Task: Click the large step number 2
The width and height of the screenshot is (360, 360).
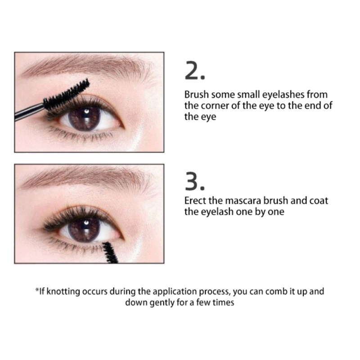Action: tap(195, 72)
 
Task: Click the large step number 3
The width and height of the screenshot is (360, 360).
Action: tap(195, 181)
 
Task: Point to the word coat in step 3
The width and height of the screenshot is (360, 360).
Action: tap(319, 200)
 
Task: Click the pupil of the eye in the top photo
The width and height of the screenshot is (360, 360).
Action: tap(85, 120)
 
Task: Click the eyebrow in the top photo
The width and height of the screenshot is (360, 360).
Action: tap(85, 67)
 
